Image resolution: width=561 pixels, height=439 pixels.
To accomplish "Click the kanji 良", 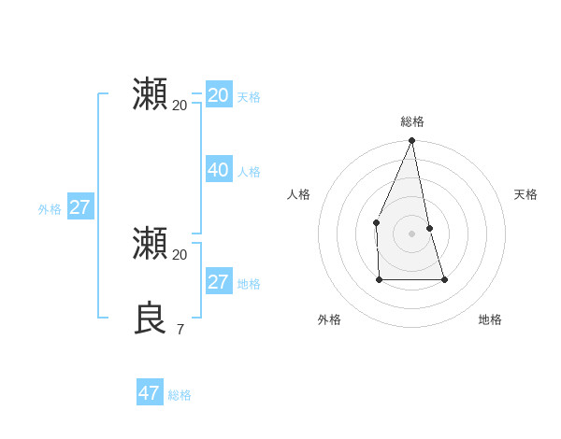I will (151, 319).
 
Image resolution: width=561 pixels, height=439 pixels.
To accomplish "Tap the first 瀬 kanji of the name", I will (151, 94).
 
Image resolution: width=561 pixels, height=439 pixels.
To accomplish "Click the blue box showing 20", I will (218, 95).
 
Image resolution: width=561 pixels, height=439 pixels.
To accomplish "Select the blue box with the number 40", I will (218, 170).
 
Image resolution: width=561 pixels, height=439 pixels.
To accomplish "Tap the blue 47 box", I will (150, 393).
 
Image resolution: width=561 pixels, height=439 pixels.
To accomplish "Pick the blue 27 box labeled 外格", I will (79, 207).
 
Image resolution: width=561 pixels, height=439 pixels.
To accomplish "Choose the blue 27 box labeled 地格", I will (218, 282).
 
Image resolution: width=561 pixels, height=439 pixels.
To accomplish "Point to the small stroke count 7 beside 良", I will (180, 329).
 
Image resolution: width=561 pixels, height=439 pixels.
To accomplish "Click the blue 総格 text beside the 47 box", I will (180, 395).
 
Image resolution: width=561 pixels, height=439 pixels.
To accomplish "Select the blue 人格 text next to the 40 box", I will (249, 172).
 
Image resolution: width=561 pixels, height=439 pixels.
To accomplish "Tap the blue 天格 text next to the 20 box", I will (249, 97).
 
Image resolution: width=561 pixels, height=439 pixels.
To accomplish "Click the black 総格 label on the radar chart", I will (411, 121).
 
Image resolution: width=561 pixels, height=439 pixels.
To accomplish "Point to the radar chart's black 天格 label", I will (525, 194).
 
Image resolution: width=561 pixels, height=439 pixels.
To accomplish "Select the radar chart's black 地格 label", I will (490, 319).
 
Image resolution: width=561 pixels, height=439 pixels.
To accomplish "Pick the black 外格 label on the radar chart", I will (329, 319).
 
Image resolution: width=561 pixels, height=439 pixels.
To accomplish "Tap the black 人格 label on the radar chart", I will (298, 194).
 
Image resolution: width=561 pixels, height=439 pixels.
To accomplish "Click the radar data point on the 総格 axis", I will (411, 141).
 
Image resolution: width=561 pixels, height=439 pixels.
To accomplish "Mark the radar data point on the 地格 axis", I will (444, 279).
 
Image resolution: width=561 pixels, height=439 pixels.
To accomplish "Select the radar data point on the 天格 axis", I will (429, 228).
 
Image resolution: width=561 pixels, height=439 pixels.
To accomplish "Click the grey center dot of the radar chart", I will (411, 234).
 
